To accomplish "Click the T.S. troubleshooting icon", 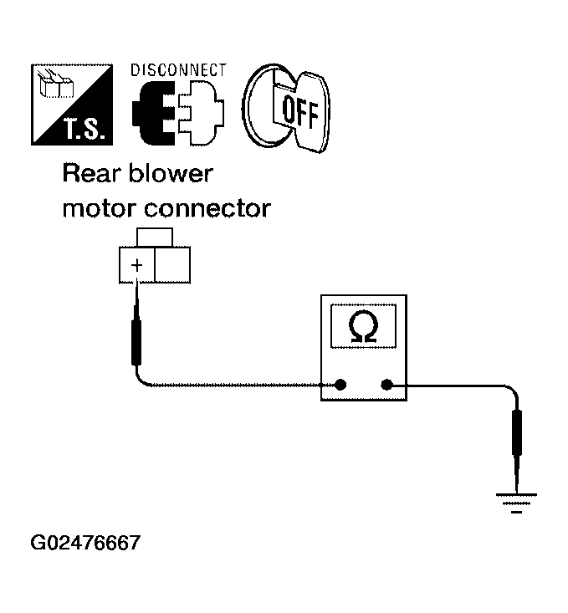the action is [x=72, y=105].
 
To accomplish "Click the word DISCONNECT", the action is [x=178, y=70].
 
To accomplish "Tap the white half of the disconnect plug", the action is [x=201, y=112].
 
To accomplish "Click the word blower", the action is [x=171, y=174].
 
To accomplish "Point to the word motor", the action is [x=100, y=209].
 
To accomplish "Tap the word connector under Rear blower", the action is [x=207, y=209].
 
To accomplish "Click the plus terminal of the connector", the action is [x=137, y=264].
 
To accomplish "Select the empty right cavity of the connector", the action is [x=172, y=264].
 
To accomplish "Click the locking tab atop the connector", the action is [x=155, y=238].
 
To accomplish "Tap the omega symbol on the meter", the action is [x=363, y=326].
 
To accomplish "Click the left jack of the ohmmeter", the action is [x=340, y=385].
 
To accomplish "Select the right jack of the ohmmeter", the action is [x=386, y=385].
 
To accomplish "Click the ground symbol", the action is [x=516, y=503].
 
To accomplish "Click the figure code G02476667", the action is [x=85, y=543].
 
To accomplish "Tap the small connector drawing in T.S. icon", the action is [x=55, y=84].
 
